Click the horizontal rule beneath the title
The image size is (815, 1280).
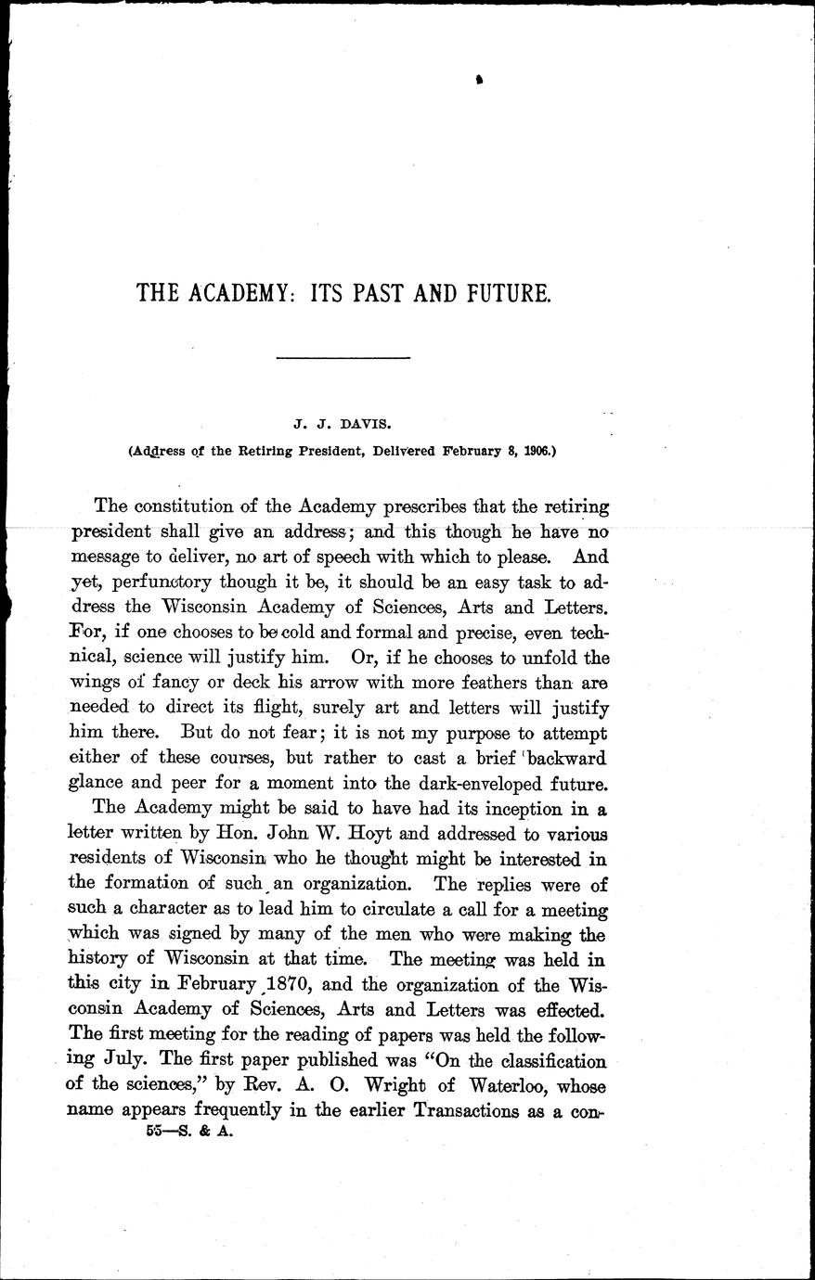pyautogui.click(x=344, y=358)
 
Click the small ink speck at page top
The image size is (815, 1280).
pyautogui.click(x=479, y=82)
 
